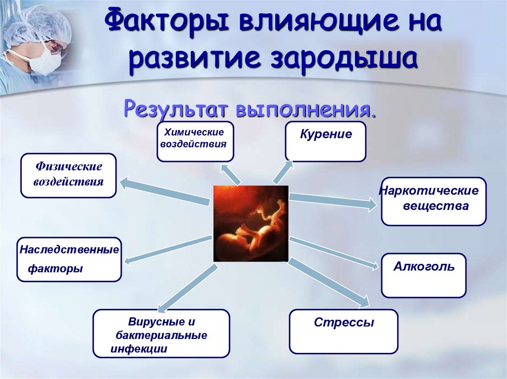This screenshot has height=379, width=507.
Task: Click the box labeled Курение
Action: [x=325, y=141]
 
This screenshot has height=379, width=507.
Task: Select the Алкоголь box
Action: [x=423, y=275]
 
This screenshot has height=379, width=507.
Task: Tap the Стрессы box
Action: [x=344, y=331]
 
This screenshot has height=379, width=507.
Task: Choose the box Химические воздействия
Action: [x=195, y=141]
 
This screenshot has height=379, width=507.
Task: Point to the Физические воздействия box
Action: [x=68, y=175]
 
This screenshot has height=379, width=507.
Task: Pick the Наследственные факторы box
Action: [x=69, y=259]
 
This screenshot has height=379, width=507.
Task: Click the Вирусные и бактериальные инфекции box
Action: [x=161, y=334]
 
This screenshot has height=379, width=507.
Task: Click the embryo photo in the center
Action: [x=251, y=223]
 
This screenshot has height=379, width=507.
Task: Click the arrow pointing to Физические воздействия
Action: [x=163, y=191]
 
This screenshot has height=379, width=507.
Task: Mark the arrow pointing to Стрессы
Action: [x=329, y=282]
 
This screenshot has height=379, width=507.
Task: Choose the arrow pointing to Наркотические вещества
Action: [x=332, y=200]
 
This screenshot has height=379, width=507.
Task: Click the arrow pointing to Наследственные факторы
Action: [x=168, y=250]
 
